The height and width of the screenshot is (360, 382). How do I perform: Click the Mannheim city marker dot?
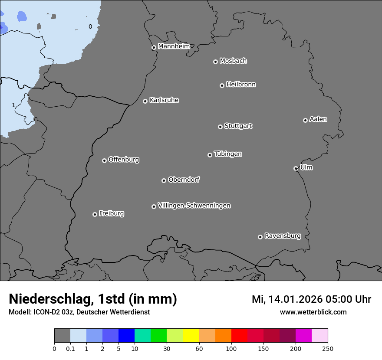[153, 48]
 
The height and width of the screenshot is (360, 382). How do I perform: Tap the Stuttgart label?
[238, 126]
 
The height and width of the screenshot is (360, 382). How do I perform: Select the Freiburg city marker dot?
[95, 214]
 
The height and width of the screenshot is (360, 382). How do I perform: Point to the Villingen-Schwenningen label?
[194, 206]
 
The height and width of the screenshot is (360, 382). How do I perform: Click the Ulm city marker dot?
[296, 168]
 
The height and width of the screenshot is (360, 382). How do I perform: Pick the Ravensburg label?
[283, 236]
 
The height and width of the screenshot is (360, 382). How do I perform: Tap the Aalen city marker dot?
[305, 120]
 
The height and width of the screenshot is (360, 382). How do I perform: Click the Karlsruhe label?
[164, 100]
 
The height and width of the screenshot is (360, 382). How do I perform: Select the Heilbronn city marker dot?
[222, 85]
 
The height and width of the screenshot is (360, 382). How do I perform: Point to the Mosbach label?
[233, 61]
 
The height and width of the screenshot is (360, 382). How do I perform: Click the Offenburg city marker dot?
[104, 160]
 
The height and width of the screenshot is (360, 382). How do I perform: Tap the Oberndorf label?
[184, 180]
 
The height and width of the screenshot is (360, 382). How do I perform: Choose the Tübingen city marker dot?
[210, 155]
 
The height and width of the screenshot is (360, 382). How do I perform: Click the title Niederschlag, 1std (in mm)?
[93, 299]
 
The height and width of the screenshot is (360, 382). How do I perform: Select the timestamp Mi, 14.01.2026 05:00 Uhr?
[311, 299]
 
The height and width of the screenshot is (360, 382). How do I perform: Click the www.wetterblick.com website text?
[313, 312]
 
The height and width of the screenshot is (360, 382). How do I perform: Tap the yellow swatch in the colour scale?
[191, 336]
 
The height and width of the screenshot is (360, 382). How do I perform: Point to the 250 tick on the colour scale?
[328, 348]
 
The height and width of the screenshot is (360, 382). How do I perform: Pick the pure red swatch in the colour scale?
[239, 336]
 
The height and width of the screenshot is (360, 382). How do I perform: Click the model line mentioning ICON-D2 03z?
[79, 312]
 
